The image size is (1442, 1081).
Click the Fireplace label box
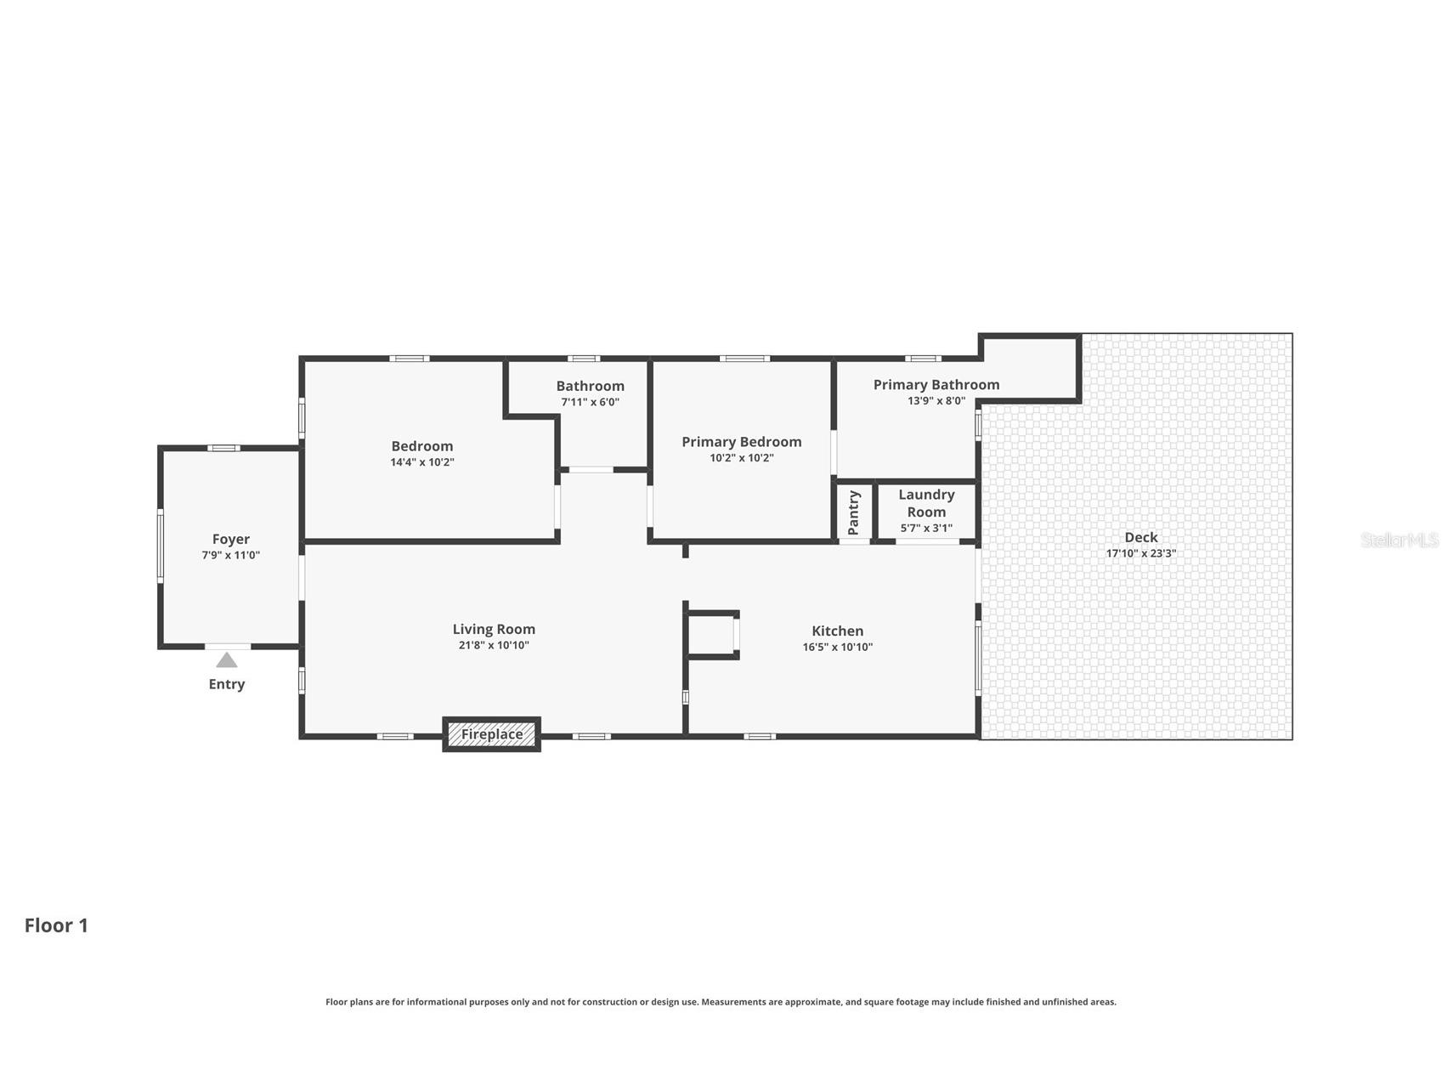point(492,734)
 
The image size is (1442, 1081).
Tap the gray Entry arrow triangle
point(226,660)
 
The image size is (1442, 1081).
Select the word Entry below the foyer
point(227,684)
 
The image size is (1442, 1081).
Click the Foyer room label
point(231,539)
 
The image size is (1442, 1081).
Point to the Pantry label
point(854,512)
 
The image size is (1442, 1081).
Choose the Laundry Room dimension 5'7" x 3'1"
point(926,528)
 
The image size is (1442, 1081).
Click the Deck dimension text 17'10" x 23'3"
point(1141,553)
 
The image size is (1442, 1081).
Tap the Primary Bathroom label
point(936,385)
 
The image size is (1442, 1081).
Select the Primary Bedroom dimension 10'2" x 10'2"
point(742,458)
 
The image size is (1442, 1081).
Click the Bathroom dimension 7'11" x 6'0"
point(590,402)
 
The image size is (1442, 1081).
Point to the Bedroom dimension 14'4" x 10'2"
point(422,462)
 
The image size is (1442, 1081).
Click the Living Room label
point(494,629)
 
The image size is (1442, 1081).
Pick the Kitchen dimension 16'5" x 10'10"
point(838,647)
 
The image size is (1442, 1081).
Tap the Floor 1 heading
point(56,925)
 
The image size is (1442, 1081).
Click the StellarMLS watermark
point(1400,540)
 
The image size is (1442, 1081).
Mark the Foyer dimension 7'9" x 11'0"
point(231,555)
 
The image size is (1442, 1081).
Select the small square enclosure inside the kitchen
point(712,634)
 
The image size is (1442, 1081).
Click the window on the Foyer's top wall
point(224,448)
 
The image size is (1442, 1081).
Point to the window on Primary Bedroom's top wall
point(744,359)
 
